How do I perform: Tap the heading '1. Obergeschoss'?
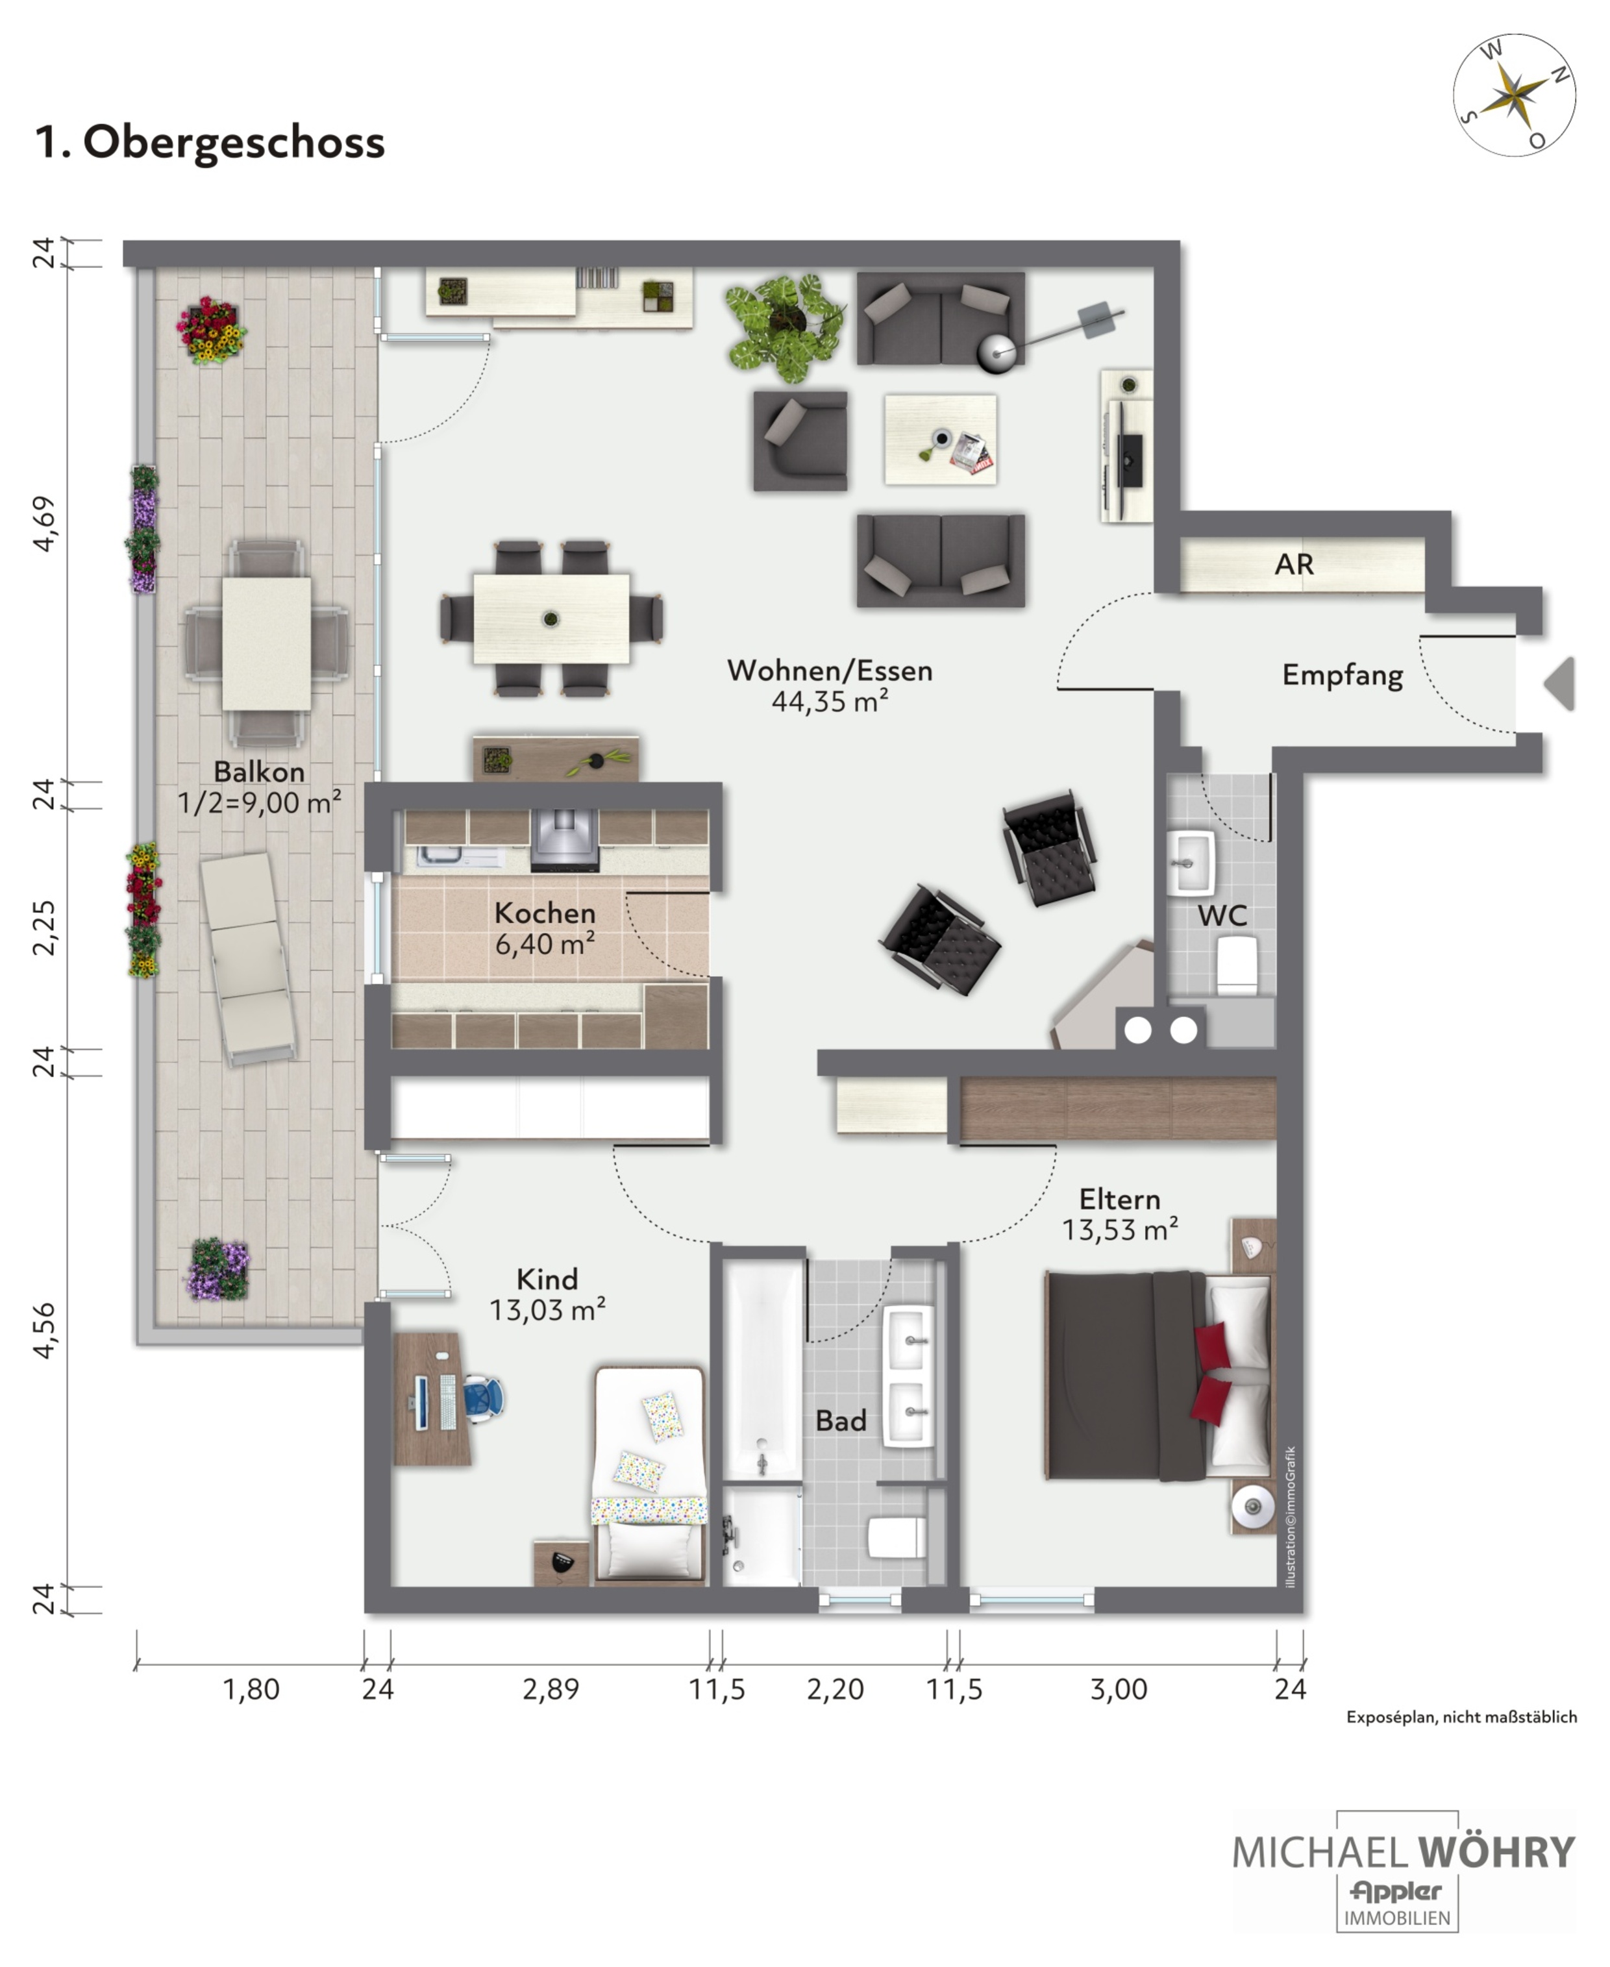pos(210,143)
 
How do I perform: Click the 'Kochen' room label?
pos(545,913)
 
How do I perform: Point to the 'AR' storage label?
pos(1294,564)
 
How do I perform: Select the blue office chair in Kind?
pos(482,1398)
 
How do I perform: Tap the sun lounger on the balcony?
pos(247,959)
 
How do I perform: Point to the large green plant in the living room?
pos(785,327)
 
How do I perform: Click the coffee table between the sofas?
pos(941,439)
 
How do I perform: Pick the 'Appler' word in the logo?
pos(1396,1891)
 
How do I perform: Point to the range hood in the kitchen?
pos(564,840)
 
